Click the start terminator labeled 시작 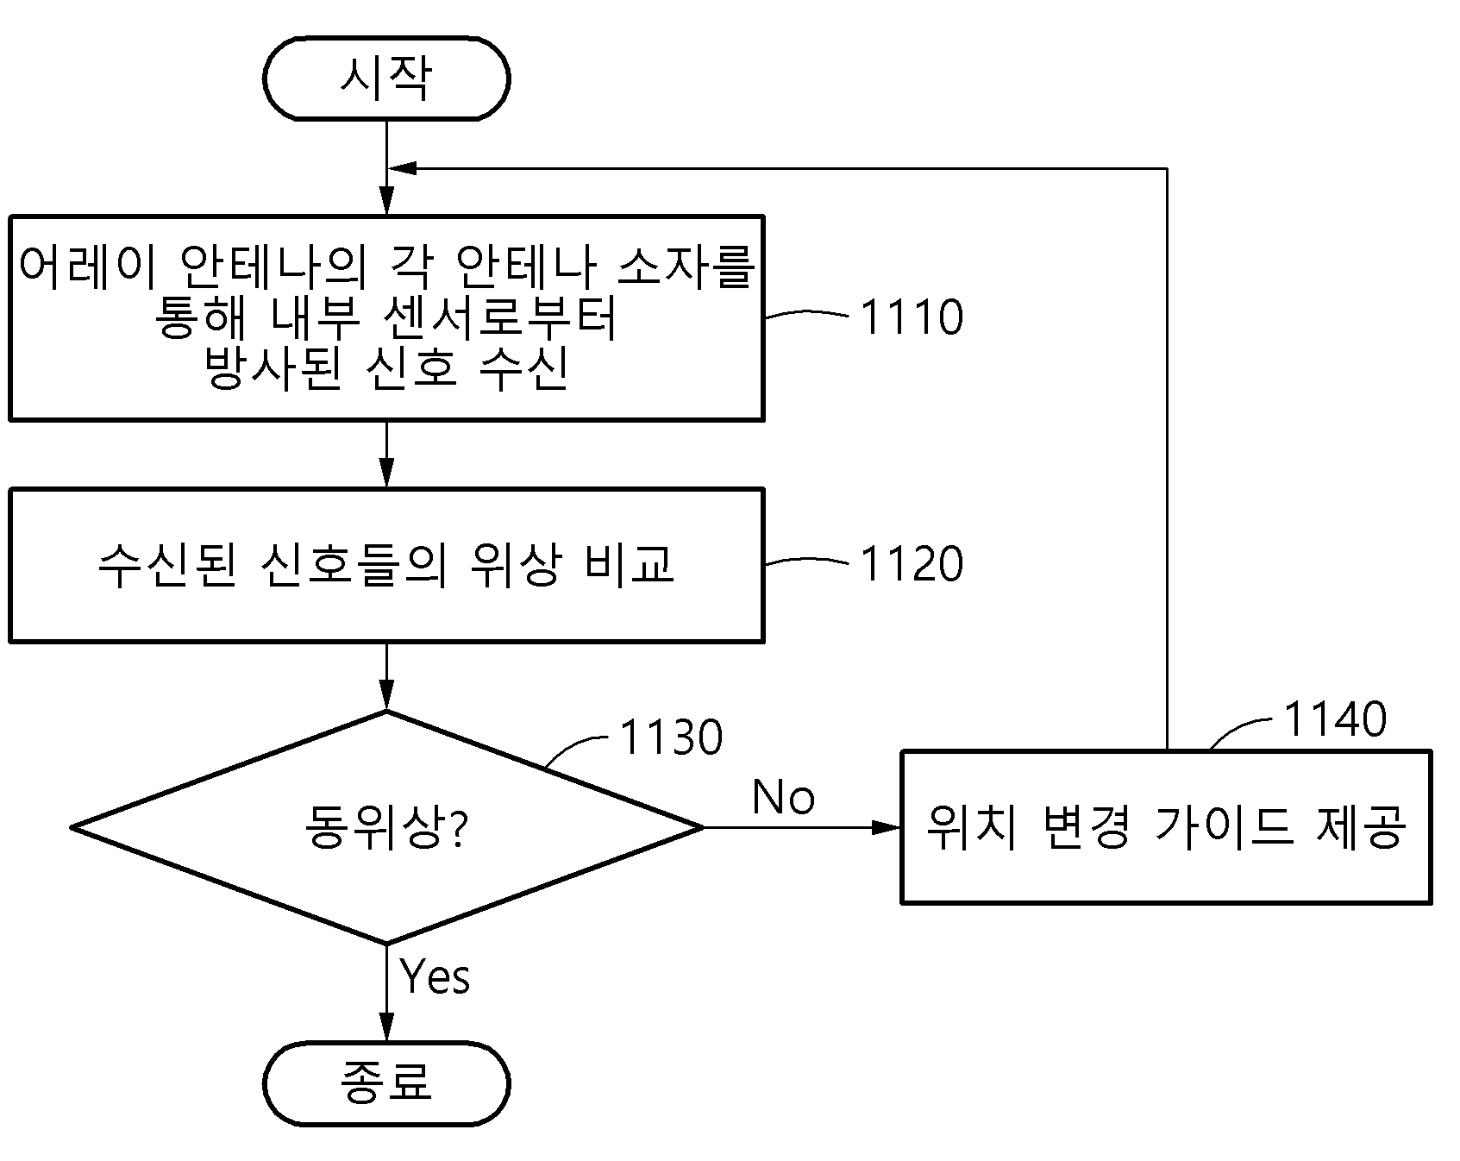pos(386,78)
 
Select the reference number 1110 pos(912,317)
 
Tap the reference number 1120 pos(912,564)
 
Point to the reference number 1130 pos(671,737)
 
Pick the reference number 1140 pos(1335,719)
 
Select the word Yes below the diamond pos(435,976)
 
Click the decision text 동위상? pos(386,827)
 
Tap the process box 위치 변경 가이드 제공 pos(1166,827)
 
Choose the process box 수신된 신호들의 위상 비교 pos(386,566)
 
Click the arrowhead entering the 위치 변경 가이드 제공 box pos(887,827)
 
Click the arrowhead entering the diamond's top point pos(386,695)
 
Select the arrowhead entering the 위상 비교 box pos(386,474)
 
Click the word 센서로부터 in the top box pos(499,318)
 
